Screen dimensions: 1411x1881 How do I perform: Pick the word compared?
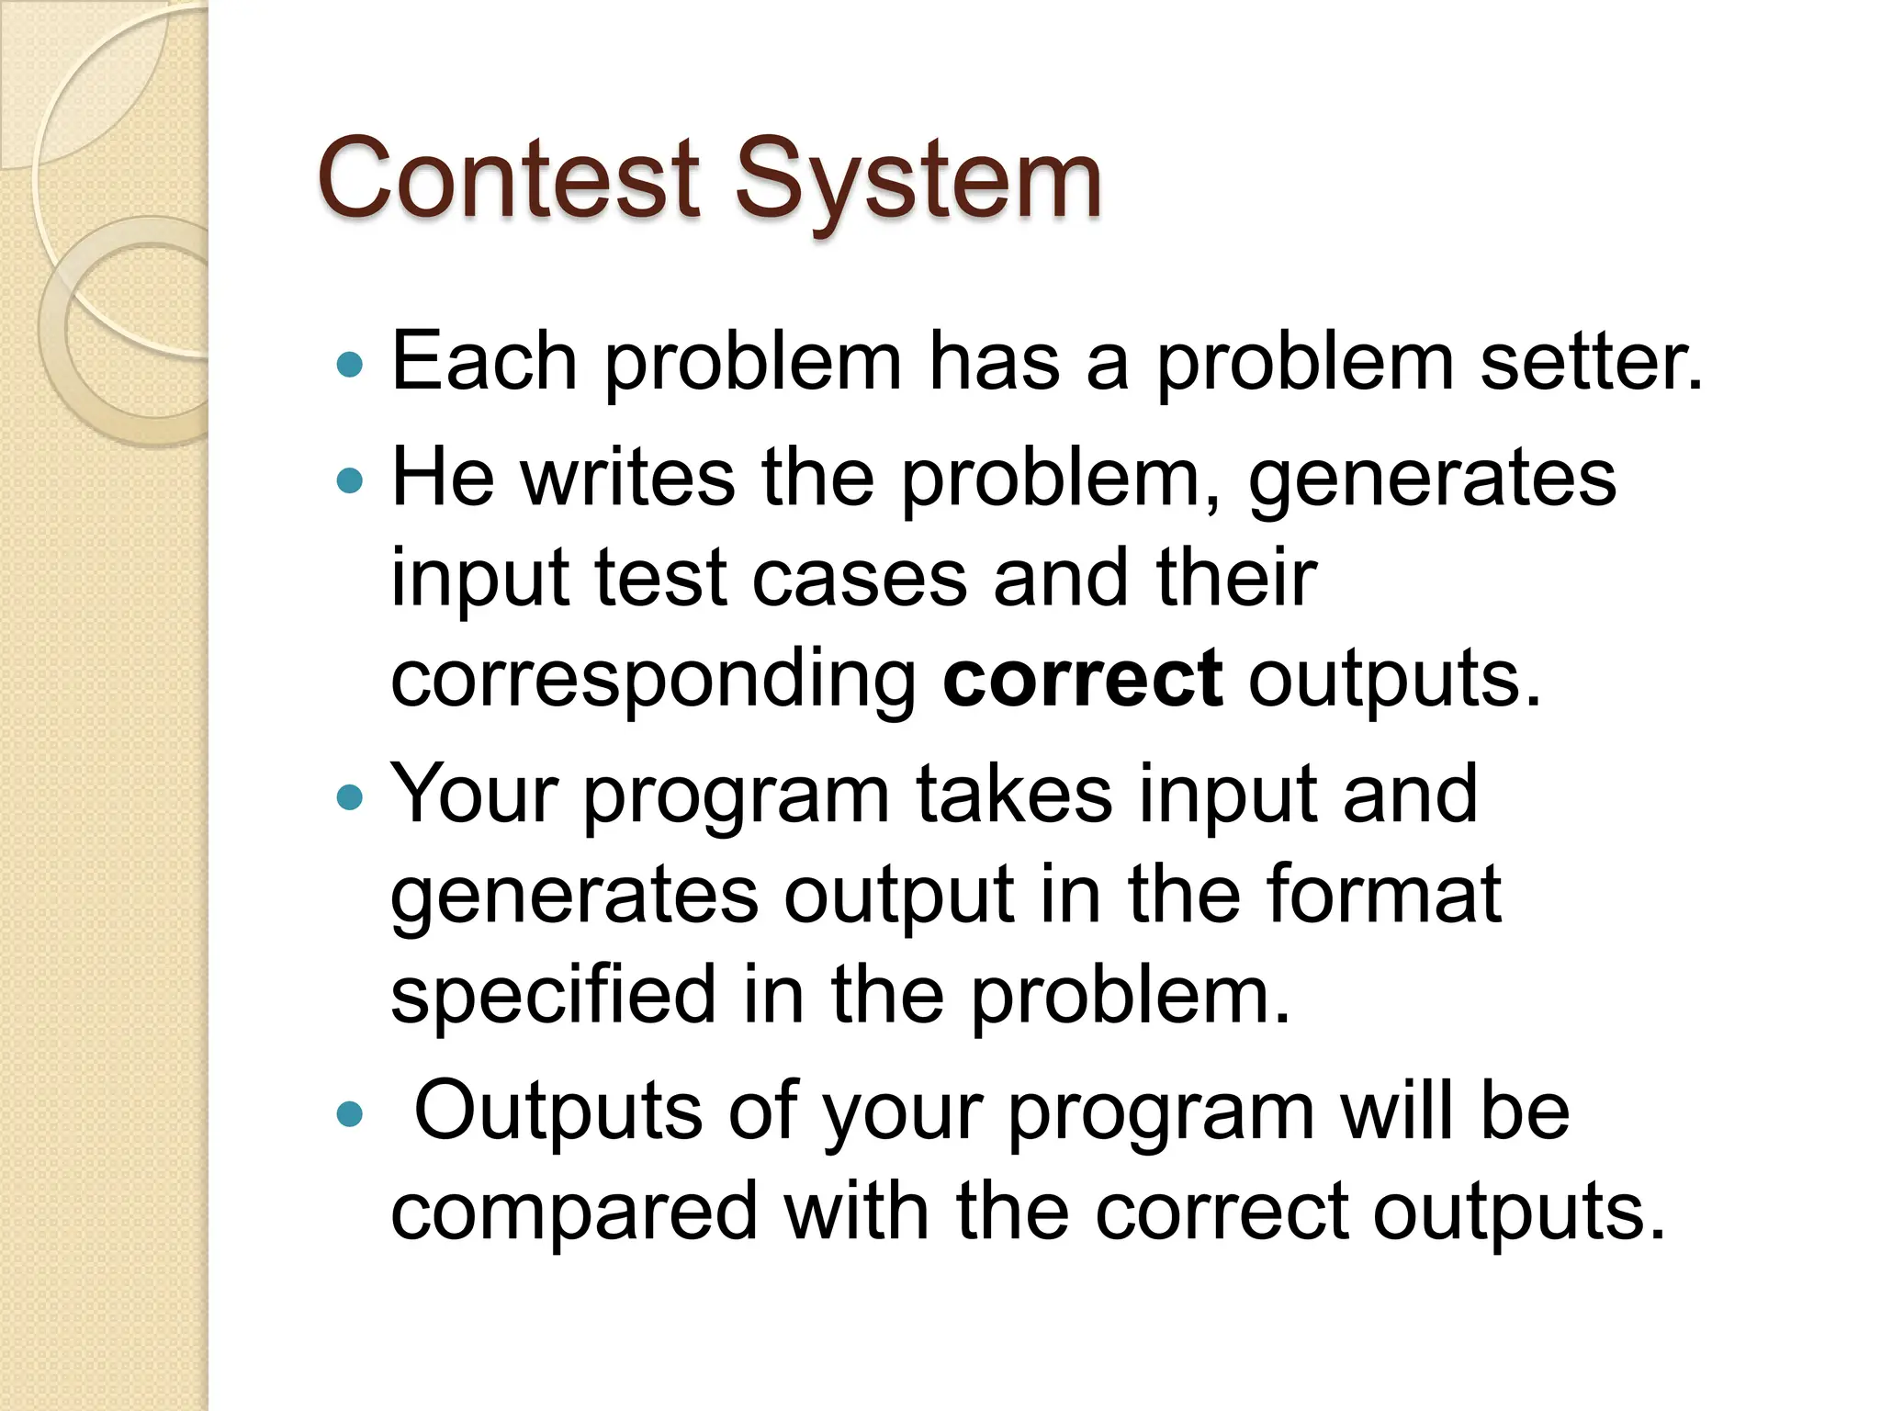click(574, 1213)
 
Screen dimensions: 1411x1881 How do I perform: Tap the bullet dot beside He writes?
click(350, 480)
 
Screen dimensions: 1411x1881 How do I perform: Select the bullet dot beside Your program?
click(350, 796)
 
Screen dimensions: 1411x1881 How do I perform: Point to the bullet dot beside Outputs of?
click(350, 1114)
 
